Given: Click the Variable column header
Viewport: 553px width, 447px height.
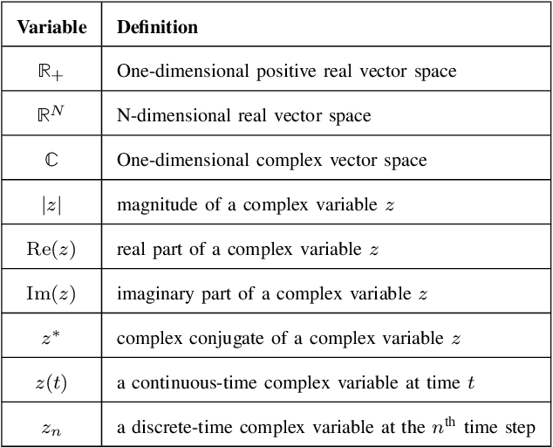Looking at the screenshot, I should (52, 27).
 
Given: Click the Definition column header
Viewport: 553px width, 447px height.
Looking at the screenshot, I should (157, 27).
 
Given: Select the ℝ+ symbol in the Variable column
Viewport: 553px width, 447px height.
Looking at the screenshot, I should (52, 72).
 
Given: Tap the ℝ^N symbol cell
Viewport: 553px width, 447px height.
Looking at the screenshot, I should (52, 114).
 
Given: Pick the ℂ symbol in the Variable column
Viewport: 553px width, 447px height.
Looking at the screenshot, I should (52, 160).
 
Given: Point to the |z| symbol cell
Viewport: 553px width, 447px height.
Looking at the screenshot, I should (52, 204).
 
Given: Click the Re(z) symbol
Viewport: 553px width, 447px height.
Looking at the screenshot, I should (52, 249).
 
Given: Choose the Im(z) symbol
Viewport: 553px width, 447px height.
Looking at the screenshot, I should (52, 293).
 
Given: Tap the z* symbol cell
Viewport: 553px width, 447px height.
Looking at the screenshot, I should (52, 338).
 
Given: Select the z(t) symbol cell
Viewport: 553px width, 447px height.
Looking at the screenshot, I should (52, 382).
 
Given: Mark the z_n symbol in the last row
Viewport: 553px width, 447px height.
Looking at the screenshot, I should (52, 427).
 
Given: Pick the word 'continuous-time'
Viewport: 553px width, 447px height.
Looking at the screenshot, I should (184, 382).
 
